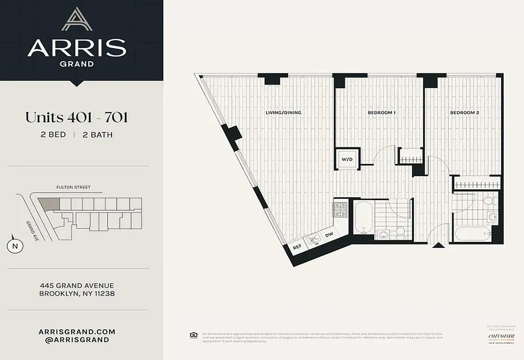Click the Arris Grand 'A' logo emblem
coord(77,19)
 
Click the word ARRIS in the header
coord(77,48)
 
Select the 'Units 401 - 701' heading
coord(77,117)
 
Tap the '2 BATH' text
coord(98,135)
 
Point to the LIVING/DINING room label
coord(283,112)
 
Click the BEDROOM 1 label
coord(381,112)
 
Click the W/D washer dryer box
coord(347,159)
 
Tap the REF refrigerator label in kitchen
coord(297,247)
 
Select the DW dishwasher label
coord(329,235)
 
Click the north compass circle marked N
coord(15,246)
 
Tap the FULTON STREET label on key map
coord(73,187)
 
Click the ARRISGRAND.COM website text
coord(77,332)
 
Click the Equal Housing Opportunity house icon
coord(194,334)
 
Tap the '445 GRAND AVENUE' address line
coord(77,285)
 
